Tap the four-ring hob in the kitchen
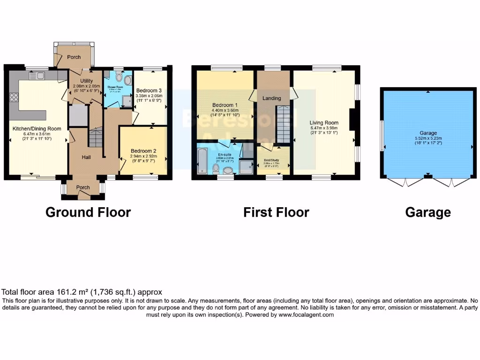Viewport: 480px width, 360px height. point(14,98)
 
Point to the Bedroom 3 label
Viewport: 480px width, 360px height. point(149,90)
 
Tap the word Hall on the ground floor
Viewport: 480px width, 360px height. point(86,157)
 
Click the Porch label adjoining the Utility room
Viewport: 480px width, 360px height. point(74,57)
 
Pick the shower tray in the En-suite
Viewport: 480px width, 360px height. point(246,165)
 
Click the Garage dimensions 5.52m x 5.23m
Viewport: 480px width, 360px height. point(428,139)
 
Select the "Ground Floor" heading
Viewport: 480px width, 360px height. point(88,212)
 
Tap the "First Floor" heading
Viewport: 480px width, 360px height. point(276,212)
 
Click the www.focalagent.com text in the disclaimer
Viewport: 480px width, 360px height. point(306,315)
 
